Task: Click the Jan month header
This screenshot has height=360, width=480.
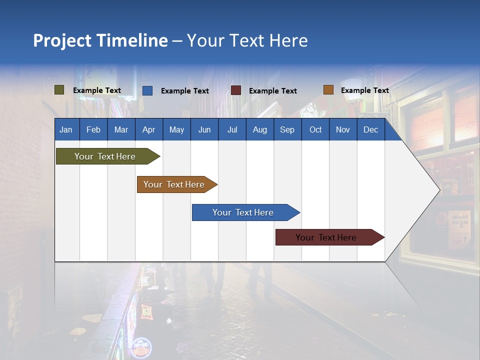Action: [x=66, y=129]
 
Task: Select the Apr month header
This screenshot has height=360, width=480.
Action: [x=148, y=129]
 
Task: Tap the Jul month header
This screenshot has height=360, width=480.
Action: [x=232, y=129]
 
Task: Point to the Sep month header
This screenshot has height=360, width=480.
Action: [x=287, y=129]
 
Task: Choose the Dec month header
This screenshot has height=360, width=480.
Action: [x=370, y=129]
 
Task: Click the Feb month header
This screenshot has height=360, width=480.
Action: [x=93, y=129]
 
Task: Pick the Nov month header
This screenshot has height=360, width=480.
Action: [x=342, y=129]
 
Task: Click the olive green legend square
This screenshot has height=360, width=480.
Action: [x=59, y=90]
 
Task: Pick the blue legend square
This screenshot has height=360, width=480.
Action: [x=147, y=90]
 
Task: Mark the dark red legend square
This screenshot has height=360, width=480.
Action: [x=236, y=90]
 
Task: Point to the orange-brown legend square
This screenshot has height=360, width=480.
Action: [x=328, y=90]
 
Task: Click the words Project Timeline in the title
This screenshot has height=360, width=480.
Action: [x=100, y=40]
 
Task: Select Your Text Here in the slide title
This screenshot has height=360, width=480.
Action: [x=247, y=40]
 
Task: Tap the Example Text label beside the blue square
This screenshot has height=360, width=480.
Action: [x=185, y=91]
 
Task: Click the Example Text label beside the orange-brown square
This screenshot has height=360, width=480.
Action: [x=365, y=90]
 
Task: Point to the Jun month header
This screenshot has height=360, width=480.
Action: [x=204, y=129]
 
